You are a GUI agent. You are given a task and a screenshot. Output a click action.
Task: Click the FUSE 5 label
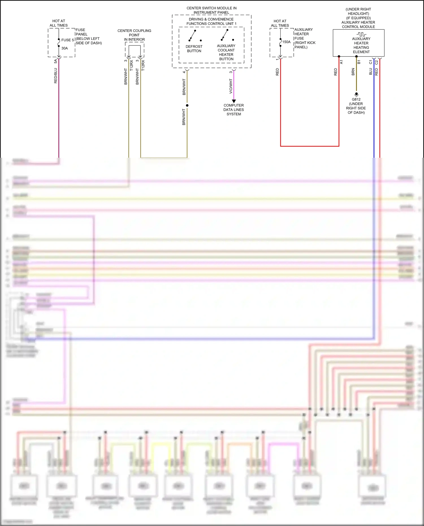(68, 40)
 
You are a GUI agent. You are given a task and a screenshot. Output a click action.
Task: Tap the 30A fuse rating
(64, 48)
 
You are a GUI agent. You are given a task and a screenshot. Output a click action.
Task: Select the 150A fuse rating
(286, 42)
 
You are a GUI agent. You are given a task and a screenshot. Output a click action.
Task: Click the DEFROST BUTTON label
(194, 49)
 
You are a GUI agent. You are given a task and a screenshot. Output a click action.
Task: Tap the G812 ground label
(356, 99)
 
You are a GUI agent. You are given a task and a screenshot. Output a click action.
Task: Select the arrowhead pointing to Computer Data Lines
(234, 101)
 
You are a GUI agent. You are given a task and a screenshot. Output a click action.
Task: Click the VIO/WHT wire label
(231, 86)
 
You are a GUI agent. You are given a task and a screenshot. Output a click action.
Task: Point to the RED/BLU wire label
(56, 75)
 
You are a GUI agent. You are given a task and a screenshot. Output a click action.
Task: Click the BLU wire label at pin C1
(371, 72)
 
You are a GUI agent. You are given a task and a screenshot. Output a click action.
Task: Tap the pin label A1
(341, 62)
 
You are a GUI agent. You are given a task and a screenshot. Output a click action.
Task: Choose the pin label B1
(359, 62)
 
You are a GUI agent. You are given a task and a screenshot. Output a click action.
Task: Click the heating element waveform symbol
(361, 34)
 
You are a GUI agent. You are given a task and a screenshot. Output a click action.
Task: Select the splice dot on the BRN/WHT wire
(187, 105)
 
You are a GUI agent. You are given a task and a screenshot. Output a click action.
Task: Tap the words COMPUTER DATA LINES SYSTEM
(233, 110)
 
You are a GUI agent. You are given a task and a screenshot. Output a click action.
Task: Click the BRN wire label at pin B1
(353, 72)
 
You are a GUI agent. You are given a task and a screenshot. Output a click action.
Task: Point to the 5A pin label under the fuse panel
(56, 61)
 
